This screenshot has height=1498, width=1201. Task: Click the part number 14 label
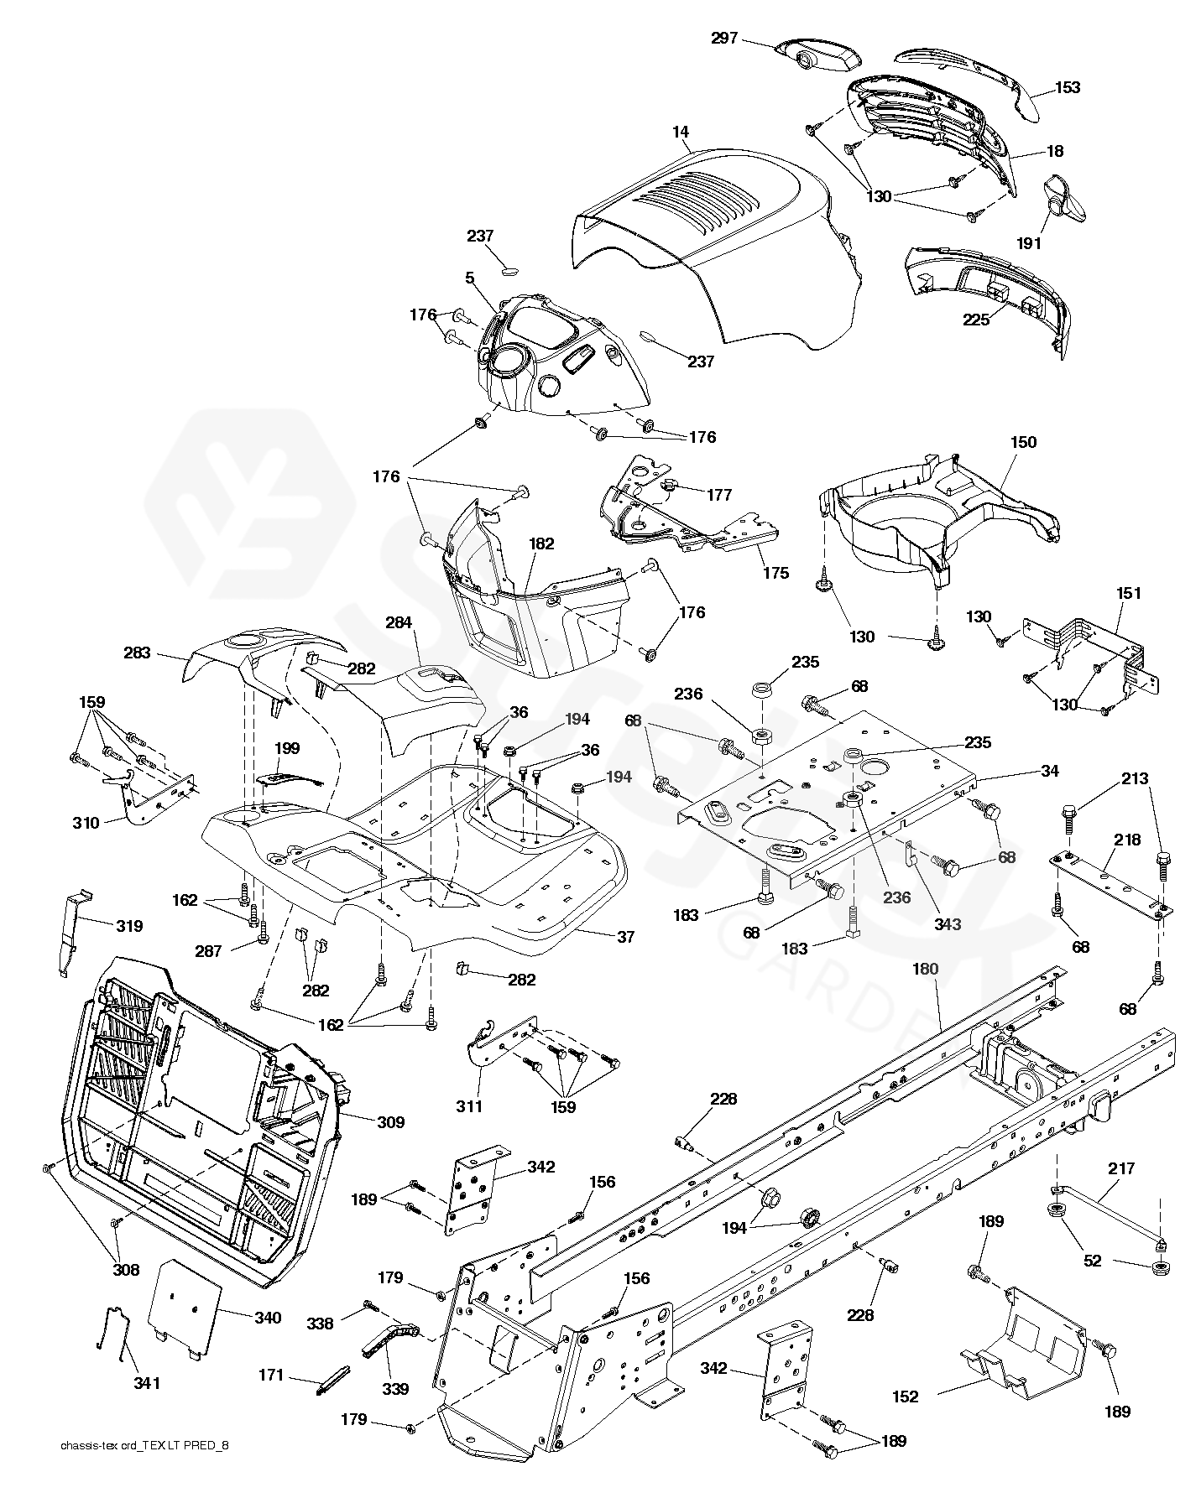click(681, 132)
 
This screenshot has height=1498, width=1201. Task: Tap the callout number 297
click(726, 39)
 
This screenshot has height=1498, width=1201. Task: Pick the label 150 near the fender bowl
click(1022, 442)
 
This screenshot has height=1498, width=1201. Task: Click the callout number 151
click(1128, 593)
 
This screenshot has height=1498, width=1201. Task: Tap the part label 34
click(1049, 771)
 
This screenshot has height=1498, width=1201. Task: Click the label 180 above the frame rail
click(925, 969)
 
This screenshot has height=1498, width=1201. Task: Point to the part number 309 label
click(390, 1121)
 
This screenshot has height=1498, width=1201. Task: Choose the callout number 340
click(267, 1318)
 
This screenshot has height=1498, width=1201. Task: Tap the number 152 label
click(906, 1397)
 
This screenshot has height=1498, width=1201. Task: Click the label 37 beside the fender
click(625, 937)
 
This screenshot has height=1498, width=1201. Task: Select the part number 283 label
click(137, 653)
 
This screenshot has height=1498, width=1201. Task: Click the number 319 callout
click(128, 926)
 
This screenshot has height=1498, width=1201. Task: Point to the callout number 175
click(775, 573)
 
